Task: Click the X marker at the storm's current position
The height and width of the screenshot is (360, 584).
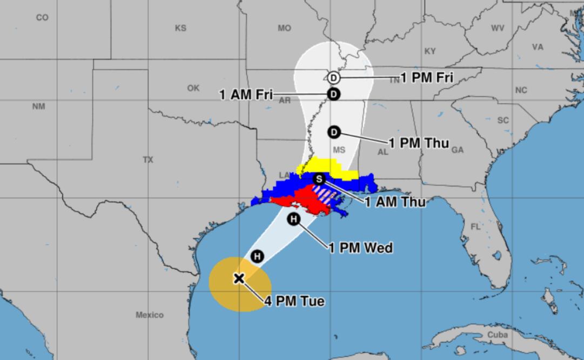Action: click(x=239, y=278)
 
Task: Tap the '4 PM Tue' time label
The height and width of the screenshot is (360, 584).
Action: click(x=294, y=302)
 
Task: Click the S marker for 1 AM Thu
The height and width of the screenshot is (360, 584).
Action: click(x=319, y=179)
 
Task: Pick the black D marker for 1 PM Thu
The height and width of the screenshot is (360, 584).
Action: click(x=334, y=131)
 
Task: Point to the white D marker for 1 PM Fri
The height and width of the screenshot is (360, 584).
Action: click(x=334, y=78)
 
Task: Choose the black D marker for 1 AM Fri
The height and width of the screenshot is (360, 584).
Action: click(x=334, y=94)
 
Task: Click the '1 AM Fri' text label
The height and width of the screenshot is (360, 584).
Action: click(x=246, y=95)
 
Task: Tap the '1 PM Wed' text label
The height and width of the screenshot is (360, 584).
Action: click(x=361, y=248)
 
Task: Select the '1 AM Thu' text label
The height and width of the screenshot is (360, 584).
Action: click(x=395, y=203)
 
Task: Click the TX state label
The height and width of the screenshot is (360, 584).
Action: click(x=148, y=160)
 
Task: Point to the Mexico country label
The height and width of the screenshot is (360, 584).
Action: click(x=149, y=315)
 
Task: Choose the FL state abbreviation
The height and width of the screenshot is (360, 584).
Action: click(x=475, y=226)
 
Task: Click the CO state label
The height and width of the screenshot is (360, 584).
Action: click(x=42, y=18)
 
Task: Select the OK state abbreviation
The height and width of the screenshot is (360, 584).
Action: click(x=193, y=88)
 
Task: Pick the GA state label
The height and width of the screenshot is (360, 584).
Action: click(x=458, y=150)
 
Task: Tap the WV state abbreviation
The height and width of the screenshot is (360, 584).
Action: click(x=498, y=28)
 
